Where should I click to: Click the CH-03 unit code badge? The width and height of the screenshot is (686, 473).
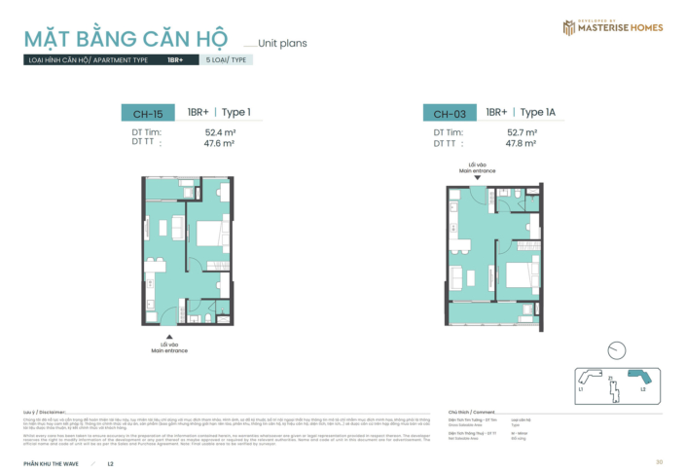[449, 113]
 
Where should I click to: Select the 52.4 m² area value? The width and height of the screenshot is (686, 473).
[222, 131]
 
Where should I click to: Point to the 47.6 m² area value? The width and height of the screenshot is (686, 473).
[222, 142]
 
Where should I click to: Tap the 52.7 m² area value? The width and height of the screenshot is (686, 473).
[523, 131]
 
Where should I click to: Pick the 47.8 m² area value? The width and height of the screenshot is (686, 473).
[523, 142]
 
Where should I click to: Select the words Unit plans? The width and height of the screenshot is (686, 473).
[283, 44]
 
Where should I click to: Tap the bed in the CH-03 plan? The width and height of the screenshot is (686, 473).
[516, 273]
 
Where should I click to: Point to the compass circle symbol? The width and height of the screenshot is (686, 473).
[615, 349]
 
